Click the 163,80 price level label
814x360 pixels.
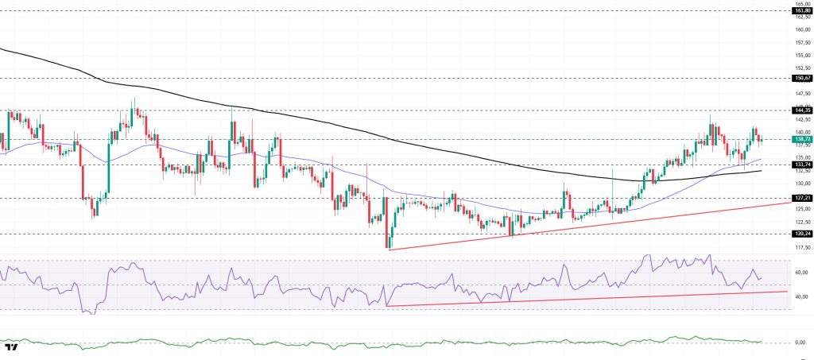pyautogui.click(x=801, y=10)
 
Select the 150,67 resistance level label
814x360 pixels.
pyautogui.click(x=801, y=78)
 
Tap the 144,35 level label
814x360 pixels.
pyautogui.click(x=801, y=110)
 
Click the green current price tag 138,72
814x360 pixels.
pyautogui.click(x=801, y=139)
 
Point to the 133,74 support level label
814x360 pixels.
pyautogui.click(x=801, y=165)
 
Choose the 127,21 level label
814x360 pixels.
pyautogui.click(x=801, y=198)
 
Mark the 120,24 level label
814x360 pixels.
pyautogui.click(x=801, y=234)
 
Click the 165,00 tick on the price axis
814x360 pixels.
pyautogui.click(x=801, y=4)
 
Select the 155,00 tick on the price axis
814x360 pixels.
pyautogui.click(x=801, y=56)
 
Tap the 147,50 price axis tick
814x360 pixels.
pyautogui.click(x=801, y=94)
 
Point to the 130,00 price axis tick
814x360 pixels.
pyautogui.click(x=801, y=184)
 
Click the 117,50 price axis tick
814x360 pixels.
pyautogui.click(x=801, y=247)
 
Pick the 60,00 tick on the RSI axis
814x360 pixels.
pyautogui.click(x=801, y=273)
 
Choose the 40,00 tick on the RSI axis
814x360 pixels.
pyautogui.click(x=801, y=296)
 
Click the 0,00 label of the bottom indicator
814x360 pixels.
pyautogui.click(x=802, y=343)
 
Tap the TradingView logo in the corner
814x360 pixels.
pyautogui.click(x=12, y=346)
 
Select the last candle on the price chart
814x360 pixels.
pyautogui.click(x=762, y=141)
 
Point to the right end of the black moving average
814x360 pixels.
pyautogui.click(x=762, y=170)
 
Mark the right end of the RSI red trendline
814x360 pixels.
pyautogui.click(x=787, y=292)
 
